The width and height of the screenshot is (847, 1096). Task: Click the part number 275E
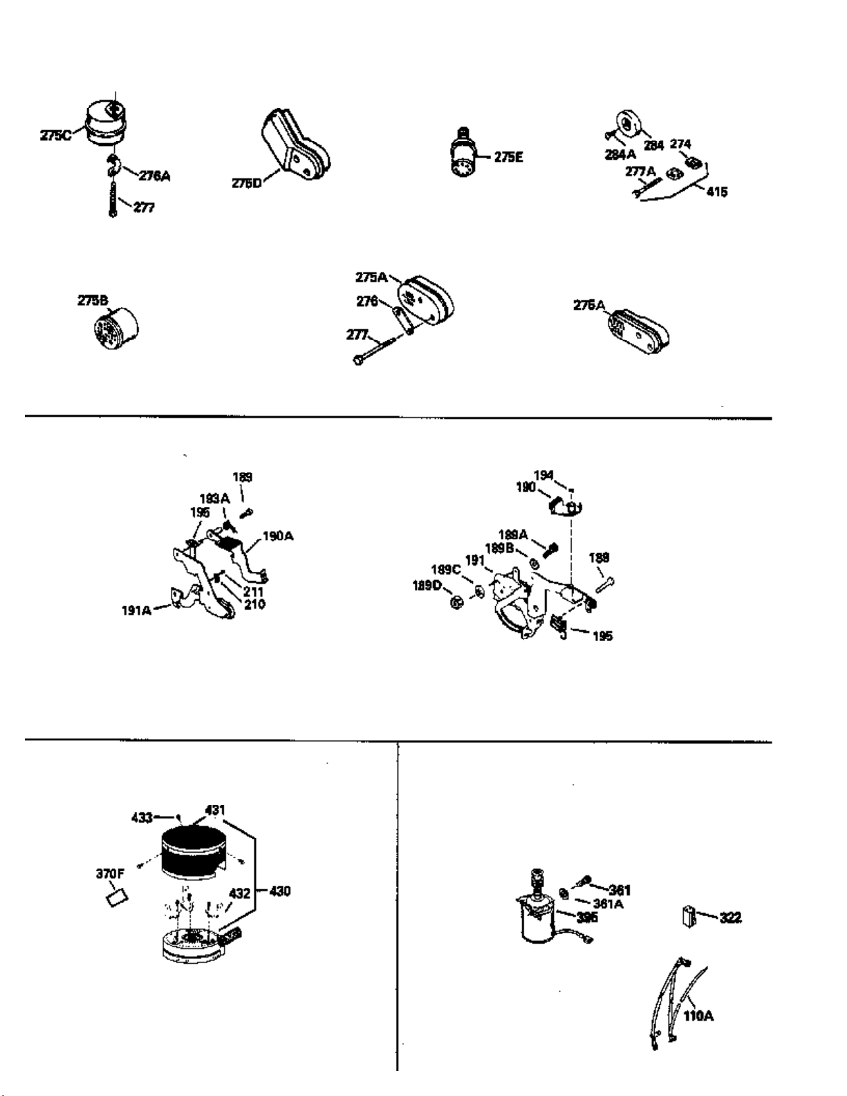point(508,158)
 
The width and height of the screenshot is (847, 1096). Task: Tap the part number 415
point(717,192)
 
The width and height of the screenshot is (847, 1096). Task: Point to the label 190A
point(278,536)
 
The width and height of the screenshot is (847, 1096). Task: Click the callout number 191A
point(136,611)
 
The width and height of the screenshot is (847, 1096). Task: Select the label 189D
point(427,585)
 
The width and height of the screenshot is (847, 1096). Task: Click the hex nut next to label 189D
point(456,603)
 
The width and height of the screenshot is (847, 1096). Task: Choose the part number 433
point(142,818)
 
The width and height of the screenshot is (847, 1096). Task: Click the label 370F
point(109,873)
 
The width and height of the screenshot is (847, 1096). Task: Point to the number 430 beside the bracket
point(279,891)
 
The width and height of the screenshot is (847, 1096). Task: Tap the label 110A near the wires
point(698,1016)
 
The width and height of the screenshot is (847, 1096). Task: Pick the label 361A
point(608,903)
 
